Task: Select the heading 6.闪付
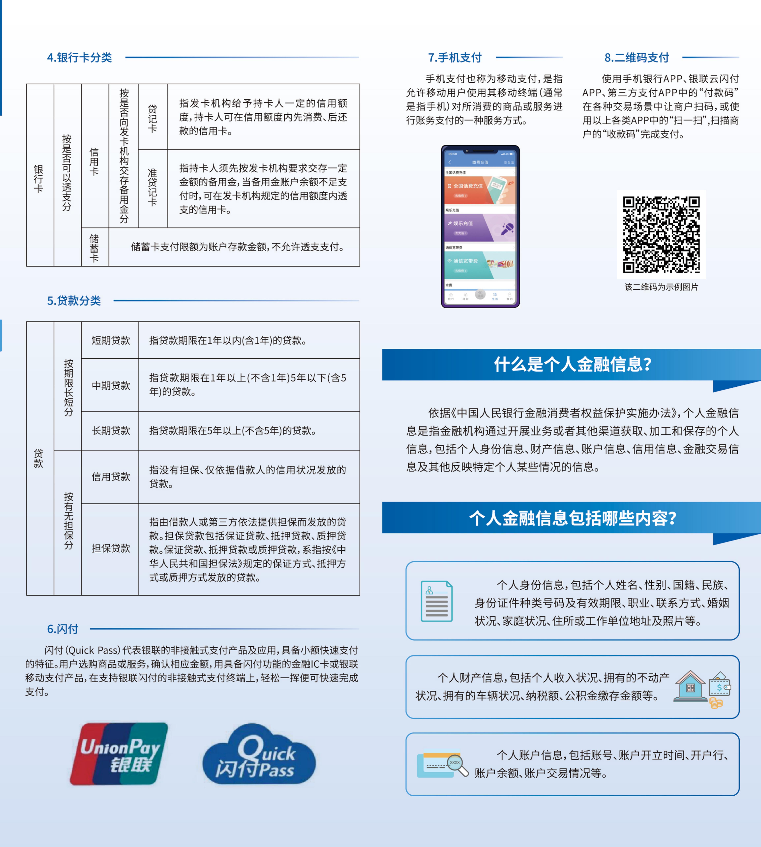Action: point(63,629)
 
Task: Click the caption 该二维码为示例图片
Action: point(661,287)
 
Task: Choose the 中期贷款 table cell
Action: point(111,385)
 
